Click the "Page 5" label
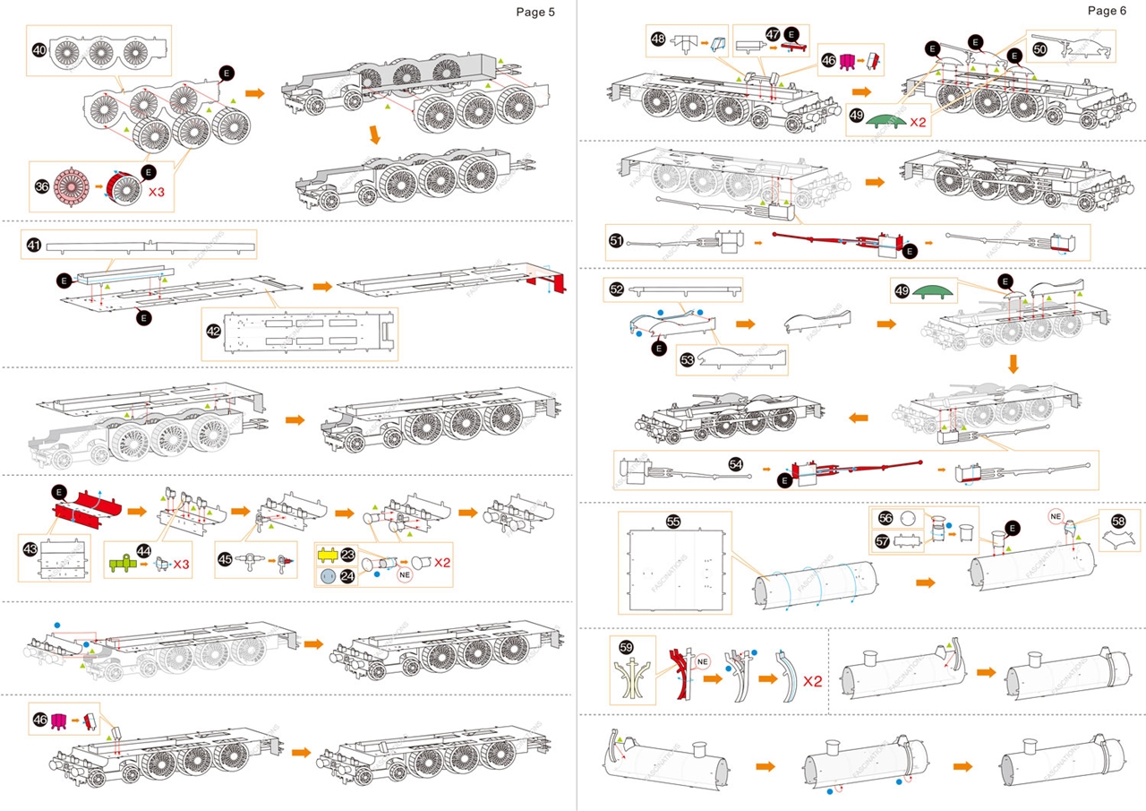pos(536,12)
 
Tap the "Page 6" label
pos(1108,10)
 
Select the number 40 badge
pos(39,50)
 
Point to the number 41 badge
pos(34,244)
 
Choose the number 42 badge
pos(213,331)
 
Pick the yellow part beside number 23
pos(327,556)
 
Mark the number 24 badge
pos(346,576)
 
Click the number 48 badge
pos(658,39)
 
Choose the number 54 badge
pos(735,464)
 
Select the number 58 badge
pos(1118,521)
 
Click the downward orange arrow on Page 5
pos(375,135)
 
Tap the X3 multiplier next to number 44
pos(181,565)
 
